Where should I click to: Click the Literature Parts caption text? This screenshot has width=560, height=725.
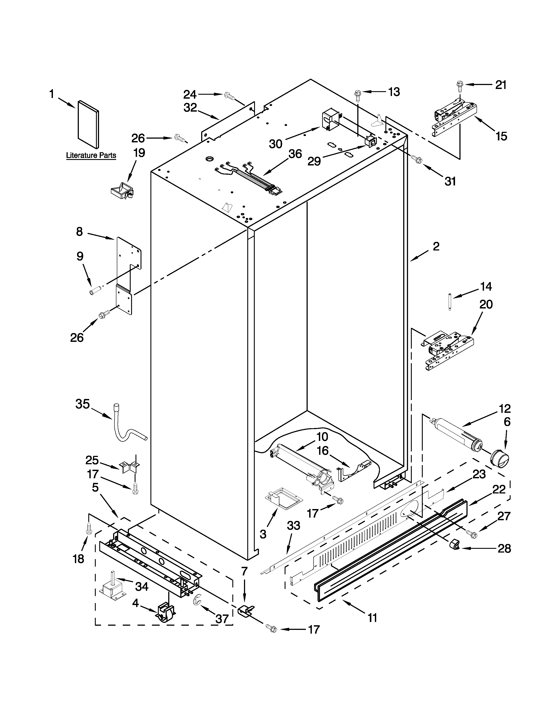(91, 155)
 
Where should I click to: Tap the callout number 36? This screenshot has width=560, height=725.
(295, 154)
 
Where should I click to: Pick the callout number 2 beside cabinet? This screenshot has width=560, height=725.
(436, 246)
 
